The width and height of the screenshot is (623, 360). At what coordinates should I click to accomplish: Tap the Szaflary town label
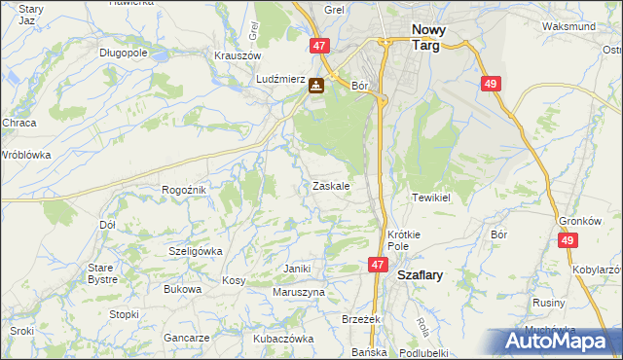click(421, 275)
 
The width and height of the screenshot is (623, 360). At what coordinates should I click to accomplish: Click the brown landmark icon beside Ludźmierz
click(317, 86)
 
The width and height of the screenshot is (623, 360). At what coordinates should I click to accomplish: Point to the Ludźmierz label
click(280, 80)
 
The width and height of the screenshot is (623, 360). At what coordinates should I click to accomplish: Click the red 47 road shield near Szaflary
click(379, 265)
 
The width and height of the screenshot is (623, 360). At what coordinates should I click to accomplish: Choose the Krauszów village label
click(234, 55)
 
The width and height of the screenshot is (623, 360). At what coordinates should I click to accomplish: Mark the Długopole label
click(123, 52)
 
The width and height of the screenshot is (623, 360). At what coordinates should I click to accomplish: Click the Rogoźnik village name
click(184, 190)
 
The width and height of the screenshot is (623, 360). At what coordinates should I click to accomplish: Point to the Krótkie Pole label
click(403, 240)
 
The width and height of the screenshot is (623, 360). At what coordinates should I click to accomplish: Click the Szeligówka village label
click(196, 250)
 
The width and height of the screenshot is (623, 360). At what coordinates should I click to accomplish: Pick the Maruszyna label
click(298, 292)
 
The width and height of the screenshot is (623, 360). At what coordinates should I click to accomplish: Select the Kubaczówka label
click(282, 339)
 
